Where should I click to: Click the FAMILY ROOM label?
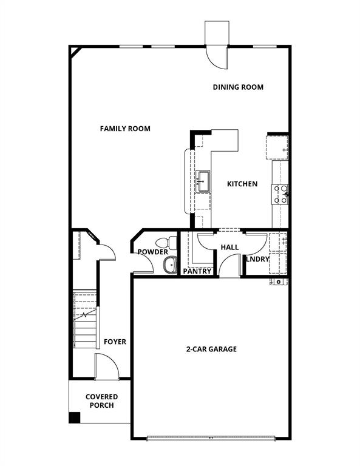(x=125, y=129)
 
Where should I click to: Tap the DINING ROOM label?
(x=238, y=87)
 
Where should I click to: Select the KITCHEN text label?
(x=242, y=184)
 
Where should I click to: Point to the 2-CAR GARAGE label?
(x=211, y=349)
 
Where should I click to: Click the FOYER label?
(x=115, y=342)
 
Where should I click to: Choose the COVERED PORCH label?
(x=101, y=400)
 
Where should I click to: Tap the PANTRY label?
(x=197, y=271)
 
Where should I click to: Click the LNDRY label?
(x=257, y=259)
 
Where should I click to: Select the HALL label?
(x=229, y=248)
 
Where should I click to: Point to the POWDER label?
(x=152, y=252)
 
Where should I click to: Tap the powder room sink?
(x=169, y=265)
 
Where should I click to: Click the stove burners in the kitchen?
(x=280, y=194)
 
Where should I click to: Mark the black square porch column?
(x=74, y=417)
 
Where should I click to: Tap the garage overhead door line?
(x=211, y=437)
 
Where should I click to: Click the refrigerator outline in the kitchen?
(x=276, y=147)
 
